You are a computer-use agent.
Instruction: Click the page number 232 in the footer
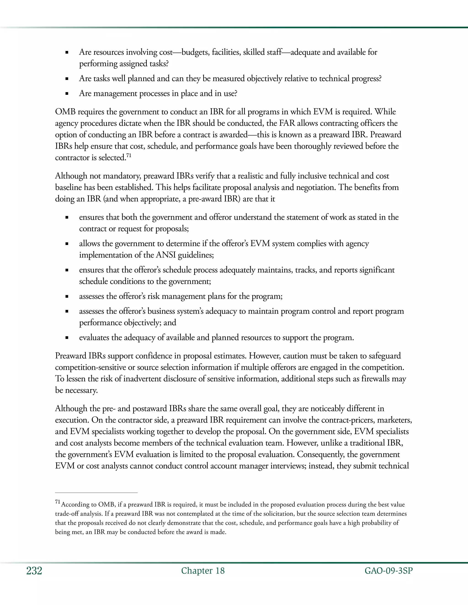(x=34, y=571)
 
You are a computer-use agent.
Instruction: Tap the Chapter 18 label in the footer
(x=203, y=571)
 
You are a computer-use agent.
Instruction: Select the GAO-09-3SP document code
(x=388, y=571)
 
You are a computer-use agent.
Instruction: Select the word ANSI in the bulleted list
(x=166, y=255)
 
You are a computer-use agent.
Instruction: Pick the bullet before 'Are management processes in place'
(x=67, y=94)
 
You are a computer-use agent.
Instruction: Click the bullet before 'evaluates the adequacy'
(x=67, y=338)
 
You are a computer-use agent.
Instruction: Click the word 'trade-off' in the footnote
(x=67, y=514)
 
